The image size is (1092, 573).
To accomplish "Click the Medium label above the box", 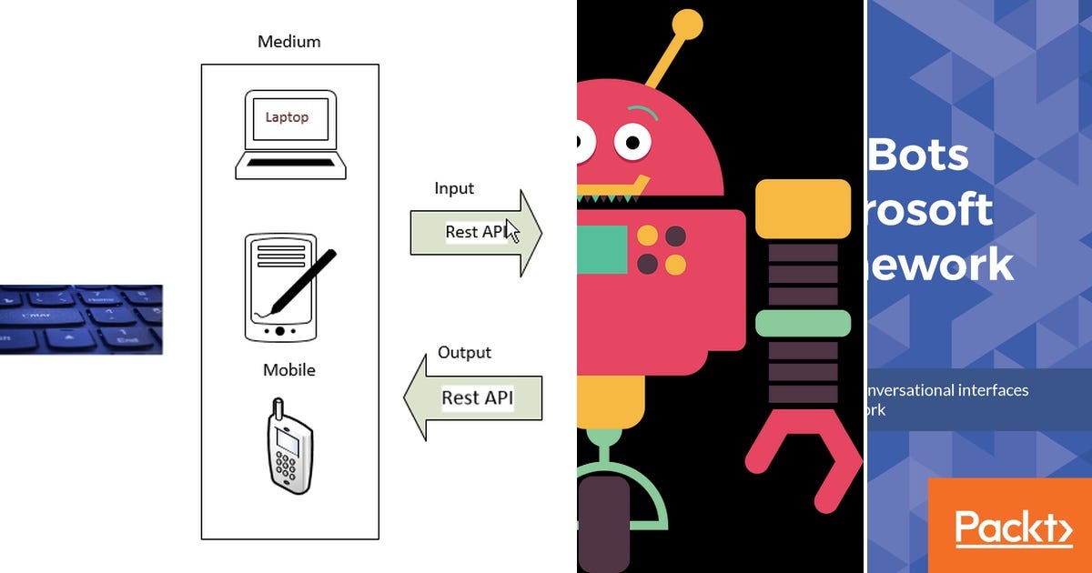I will click(289, 42).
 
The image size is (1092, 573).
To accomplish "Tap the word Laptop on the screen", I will click(287, 117).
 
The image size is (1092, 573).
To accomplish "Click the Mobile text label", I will click(289, 370).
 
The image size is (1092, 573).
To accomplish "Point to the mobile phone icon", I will click(290, 446).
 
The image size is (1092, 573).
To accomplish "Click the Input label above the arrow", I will click(454, 188).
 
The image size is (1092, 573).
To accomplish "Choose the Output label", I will click(464, 352).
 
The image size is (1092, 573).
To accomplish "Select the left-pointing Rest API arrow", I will click(473, 397).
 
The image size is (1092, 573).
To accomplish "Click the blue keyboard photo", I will click(81, 319).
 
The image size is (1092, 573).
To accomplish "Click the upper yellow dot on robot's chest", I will click(648, 236).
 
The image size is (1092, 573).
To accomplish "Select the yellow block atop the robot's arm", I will click(803, 209).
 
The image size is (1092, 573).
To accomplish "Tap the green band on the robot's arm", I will click(803, 323).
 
